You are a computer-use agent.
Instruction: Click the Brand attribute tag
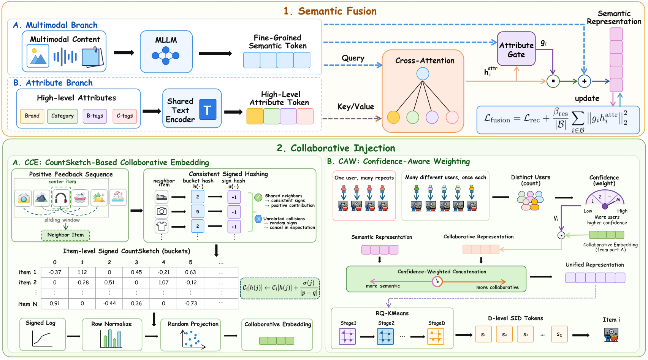(x=32, y=116)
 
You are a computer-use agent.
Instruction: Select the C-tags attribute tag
(x=125, y=116)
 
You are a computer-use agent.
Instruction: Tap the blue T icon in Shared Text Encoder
(x=208, y=109)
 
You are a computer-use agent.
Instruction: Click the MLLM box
(x=166, y=52)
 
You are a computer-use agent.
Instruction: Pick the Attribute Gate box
(x=516, y=49)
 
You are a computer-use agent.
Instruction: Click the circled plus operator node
(x=584, y=81)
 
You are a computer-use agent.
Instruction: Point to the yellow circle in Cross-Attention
(x=393, y=117)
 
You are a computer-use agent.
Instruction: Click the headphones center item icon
(x=61, y=198)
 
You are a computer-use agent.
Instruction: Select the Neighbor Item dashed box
(x=66, y=235)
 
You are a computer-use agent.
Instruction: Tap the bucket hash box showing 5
(x=198, y=211)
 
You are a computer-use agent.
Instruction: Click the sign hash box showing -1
(x=234, y=212)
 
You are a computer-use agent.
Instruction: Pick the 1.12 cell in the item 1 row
(x=82, y=272)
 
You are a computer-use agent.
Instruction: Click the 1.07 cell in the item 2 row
(x=163, y=282)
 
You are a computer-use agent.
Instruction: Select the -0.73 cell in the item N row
(x=191, y=304)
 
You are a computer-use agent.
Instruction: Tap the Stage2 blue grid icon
(x=385, y=336)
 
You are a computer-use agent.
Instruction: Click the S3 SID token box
(x=525, y=334)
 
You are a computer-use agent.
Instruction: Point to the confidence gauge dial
(x=605, y=200)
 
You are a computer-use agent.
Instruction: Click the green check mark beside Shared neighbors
(x=258, y=197)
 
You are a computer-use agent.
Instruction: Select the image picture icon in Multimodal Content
(x=38, y=56)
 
